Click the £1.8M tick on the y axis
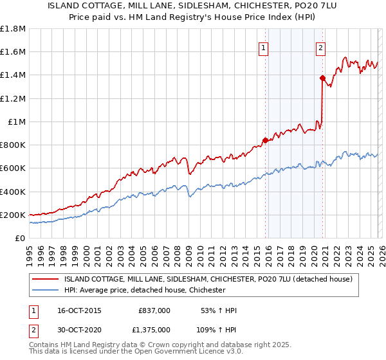(x=13, y=29)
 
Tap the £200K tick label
(x=13, y=215)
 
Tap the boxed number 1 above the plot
(x=264, y=46)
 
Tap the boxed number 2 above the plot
(x=320, y=46)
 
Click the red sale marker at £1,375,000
(x=322, y=78)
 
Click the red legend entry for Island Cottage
(x=208, y=279)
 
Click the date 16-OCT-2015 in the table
(x=78, y=310)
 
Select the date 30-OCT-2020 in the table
(x=78, y=329)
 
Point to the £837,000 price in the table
(x=154, y=310)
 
